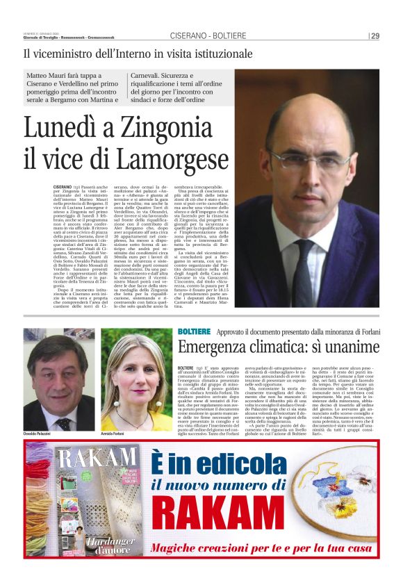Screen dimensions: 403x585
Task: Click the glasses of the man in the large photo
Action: pyautogui.click(x=313, y=158)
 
